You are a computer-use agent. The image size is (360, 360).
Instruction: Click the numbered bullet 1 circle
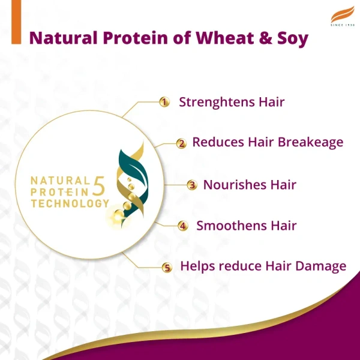tap(163, 102)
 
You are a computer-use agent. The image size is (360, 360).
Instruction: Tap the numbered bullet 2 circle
tap(181, 143)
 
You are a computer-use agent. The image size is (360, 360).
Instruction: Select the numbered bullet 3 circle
tap(191, 185)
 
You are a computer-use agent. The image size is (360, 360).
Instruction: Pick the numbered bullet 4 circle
tap(183, 226)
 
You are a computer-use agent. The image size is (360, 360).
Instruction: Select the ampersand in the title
tap(262, 38)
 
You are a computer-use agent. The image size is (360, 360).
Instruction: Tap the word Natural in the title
tap(64, 38)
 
